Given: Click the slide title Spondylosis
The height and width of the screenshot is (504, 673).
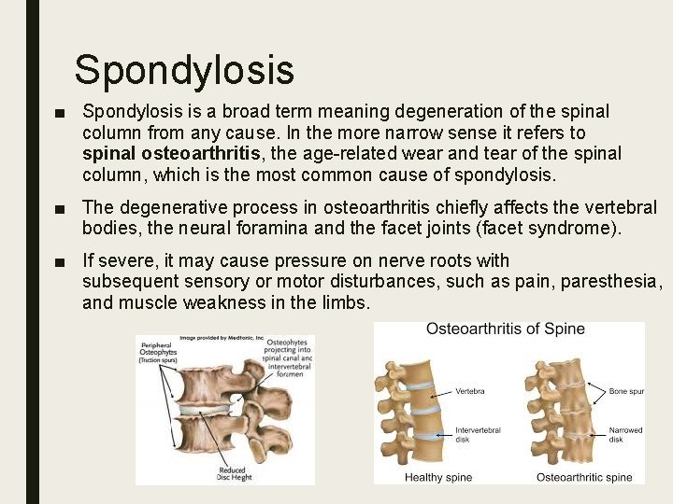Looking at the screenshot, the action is pos(184,70).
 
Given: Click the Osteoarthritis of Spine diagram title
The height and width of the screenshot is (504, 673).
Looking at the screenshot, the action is pos(505,329).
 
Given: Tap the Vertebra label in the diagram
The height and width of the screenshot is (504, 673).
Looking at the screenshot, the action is pos(470,391).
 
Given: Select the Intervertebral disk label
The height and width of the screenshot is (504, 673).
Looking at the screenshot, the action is pos(478,434).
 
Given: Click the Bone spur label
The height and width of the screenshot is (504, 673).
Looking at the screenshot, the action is pos(625,391).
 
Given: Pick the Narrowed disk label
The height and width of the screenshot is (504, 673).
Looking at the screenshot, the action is pos(625,434).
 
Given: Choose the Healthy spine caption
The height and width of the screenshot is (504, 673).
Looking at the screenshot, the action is pos(438,477).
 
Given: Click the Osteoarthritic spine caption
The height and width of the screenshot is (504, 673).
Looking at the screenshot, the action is pos(583,477).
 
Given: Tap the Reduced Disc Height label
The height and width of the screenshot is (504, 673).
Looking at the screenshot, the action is pos(232,474).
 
